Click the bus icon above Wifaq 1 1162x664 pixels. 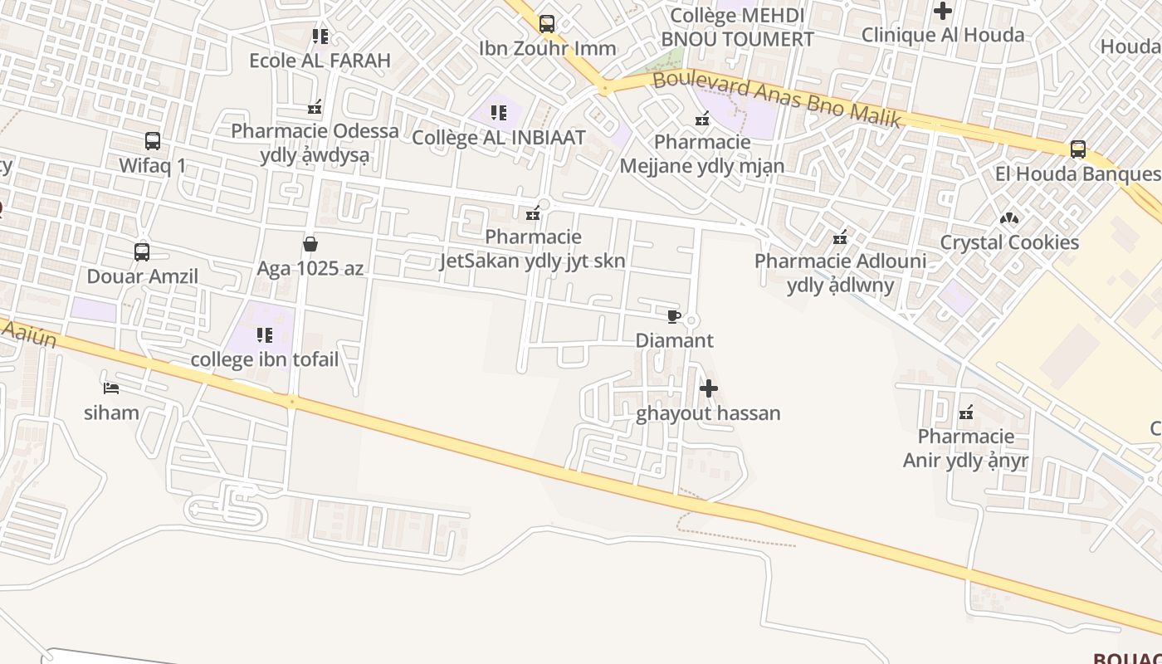coord(153,140)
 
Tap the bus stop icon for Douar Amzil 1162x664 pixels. coord(142,251)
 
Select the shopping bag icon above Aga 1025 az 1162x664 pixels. coord(310,244)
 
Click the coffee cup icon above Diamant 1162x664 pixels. coord(674,316)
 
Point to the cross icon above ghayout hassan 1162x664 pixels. coord(709,388)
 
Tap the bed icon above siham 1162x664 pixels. coord(111,388)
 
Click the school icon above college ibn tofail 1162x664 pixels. coord(265,335)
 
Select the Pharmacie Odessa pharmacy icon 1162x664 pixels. coord(315,107)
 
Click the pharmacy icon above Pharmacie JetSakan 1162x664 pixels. coord(534,213)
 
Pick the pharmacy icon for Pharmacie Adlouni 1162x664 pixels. coord(840,238)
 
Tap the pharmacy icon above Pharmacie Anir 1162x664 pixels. coord(966,413)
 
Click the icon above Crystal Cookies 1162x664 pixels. coord(1009,218)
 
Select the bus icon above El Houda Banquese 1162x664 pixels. coord(1077,149)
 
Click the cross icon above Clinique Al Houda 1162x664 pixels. coord(943,11)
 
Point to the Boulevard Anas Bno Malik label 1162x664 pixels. coord(777,100)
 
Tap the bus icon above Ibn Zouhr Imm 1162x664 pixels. coord(547,24)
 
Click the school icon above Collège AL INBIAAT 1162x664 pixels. coord(499,113)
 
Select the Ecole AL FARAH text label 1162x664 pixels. coord(320,61)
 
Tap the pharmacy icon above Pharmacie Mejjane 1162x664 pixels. coord(703,119)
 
